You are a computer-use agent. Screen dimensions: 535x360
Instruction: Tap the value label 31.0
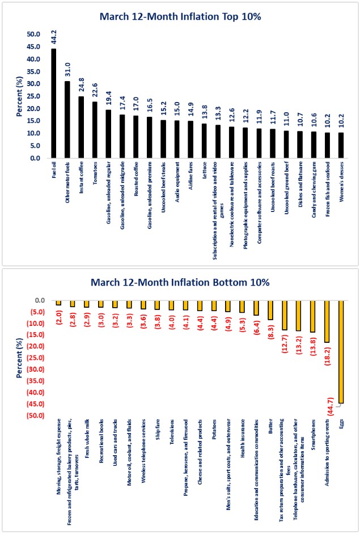[67, 71]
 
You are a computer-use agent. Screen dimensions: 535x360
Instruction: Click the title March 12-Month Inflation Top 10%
[180, 16]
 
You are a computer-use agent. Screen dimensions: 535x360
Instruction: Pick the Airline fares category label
[190, 178]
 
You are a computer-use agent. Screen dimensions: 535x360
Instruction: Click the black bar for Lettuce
[204, 141]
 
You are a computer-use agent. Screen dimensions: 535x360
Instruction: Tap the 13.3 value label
[218, 115]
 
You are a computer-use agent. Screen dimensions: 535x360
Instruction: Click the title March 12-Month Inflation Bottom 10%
[180, 282]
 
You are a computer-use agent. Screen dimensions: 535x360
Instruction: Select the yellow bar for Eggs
[341, 352]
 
